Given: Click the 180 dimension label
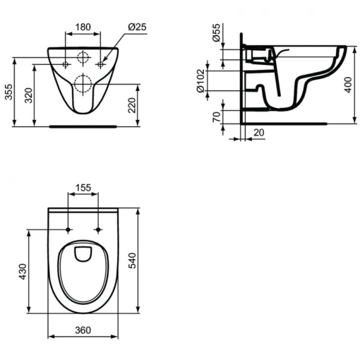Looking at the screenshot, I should [83, 26].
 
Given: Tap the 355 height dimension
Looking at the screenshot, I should [9, 92].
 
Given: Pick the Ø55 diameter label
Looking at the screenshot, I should [216, 34].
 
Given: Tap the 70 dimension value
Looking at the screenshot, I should [217, 115].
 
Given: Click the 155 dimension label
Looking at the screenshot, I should [83, 188].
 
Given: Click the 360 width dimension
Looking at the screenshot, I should [83, 330].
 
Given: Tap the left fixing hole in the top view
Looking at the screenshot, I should [68, 230].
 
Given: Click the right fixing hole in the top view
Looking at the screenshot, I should [97, 230].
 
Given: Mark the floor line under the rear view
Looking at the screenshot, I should [83, 126].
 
